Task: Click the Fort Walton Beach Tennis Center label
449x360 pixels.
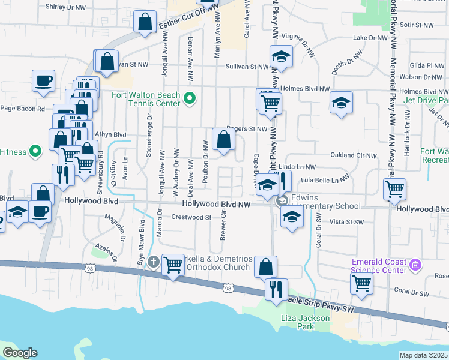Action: point(146,100)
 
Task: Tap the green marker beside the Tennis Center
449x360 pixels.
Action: point(190,98)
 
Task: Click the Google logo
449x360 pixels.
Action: point(20,353)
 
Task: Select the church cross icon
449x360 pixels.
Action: point(153,262)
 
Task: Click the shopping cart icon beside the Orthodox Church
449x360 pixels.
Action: point(173,264)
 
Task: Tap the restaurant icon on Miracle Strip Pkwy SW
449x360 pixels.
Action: point(276,289)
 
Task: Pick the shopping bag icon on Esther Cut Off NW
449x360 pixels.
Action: point(146,22)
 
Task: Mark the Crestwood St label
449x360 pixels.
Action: point(190,218)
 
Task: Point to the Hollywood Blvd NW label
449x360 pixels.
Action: point(216,204)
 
